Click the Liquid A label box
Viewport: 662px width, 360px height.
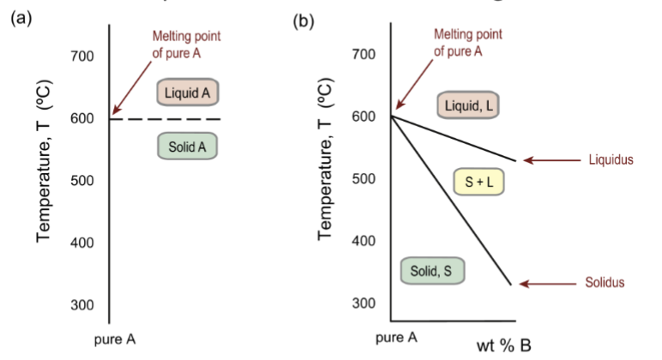188,92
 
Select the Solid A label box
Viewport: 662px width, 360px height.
187,147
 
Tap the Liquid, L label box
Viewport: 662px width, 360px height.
469,105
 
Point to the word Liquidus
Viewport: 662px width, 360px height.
610,159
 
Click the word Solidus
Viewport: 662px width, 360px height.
605,283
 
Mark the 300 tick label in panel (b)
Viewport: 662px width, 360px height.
364,303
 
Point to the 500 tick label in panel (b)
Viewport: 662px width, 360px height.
364,178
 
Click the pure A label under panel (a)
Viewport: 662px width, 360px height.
115,339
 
